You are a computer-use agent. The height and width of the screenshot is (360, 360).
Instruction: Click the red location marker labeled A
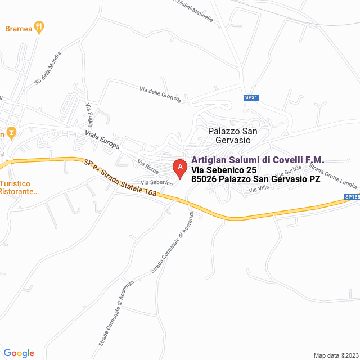pos(179,168)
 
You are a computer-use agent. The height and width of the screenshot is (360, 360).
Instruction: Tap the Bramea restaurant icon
pos(39,26)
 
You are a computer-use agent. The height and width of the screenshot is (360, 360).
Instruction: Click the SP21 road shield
pos(251,97)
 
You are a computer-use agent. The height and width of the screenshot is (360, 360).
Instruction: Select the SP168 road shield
pos(352,197)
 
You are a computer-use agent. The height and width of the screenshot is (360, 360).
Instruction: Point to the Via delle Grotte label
pos(160,94)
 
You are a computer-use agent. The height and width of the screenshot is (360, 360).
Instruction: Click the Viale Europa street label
pos(102,140)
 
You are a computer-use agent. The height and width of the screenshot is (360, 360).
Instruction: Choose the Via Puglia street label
pos(89,115)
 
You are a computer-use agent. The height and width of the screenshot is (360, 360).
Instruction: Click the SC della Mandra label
pos(47,73)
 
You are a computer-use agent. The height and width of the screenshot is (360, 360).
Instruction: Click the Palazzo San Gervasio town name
pos(232,136)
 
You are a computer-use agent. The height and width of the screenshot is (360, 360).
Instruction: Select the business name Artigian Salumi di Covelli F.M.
pos(258,160)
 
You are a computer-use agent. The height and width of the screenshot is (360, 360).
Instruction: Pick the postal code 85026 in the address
pos(204,179)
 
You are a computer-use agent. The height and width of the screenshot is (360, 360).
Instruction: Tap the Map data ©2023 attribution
pos(335,355)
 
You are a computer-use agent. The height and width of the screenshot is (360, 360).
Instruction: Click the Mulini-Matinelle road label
pos(194,10)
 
